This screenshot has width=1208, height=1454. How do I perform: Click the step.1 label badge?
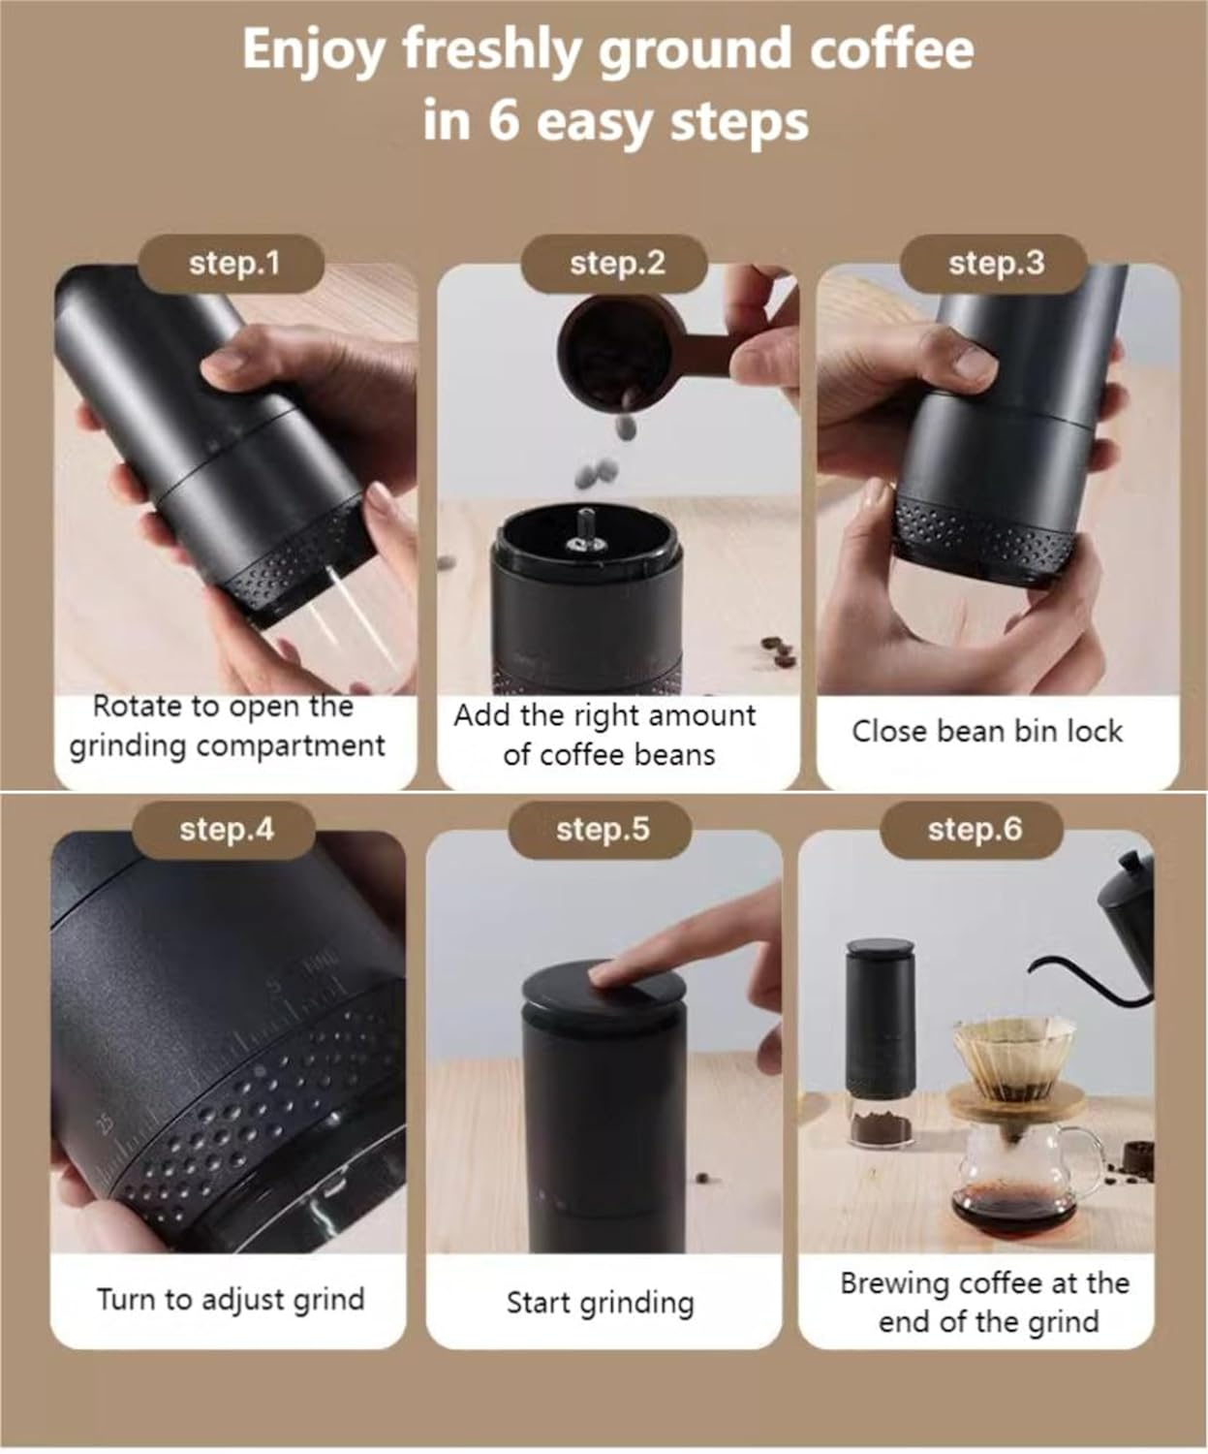[x=232, y=264]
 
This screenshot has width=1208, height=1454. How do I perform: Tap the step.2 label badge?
[x=616, y=264]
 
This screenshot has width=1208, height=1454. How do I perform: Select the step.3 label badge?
[x=996, y=264]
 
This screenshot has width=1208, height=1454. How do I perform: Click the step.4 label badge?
[x=226, y=830]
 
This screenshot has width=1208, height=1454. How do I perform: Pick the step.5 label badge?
[x=602, y=830]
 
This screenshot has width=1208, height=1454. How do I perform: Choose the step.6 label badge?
[x=974, y=830]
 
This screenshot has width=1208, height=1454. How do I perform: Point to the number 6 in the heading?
[x=503, y=122]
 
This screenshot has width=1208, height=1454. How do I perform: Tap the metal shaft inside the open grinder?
[x=586, y=528]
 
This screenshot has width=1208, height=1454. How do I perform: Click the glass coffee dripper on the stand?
[x=1013, y=1057]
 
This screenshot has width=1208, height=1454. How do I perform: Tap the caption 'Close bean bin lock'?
[x=987, y=731]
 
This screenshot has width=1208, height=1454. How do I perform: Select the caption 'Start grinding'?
[x=600, y=1303]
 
